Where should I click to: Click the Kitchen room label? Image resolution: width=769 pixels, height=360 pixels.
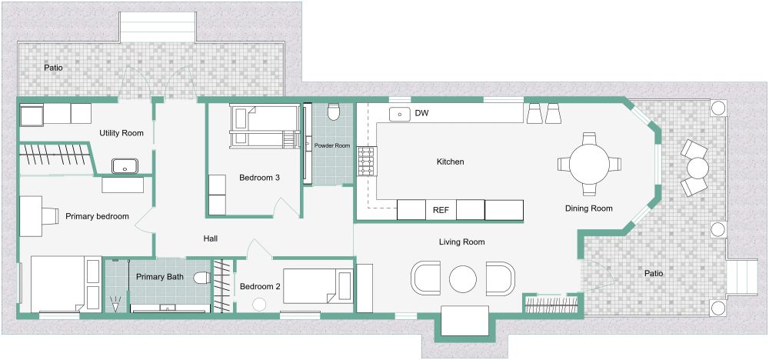pos(450,162)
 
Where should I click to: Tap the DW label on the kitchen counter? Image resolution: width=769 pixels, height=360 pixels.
pos(421,114)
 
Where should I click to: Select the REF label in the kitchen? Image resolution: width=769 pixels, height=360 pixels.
pos(441,209)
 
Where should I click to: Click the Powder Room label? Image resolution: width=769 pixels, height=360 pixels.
pos(331,145)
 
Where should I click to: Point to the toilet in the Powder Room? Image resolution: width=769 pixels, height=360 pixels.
pos(333,113)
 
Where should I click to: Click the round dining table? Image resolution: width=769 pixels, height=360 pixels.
pos(589,163)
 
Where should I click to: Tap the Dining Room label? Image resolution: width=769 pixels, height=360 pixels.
pos(588,208)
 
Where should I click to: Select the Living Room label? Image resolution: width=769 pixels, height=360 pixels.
pos(461,242)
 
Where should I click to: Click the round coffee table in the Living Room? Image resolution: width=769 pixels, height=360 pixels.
pos(464,278)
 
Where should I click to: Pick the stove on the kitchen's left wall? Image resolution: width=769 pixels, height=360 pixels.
pos(365,162)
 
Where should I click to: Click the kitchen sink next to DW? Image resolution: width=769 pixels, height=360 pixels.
pos(399,115)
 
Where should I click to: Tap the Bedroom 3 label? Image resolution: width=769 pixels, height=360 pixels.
pos(259,178)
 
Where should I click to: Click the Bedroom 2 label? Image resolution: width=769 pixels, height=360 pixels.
pos(260,286)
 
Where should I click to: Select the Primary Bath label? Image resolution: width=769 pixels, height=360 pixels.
pos(160,276)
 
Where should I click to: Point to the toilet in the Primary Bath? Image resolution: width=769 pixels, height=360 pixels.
pos(202,278)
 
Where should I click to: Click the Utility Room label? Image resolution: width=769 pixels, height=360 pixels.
pos(122,133)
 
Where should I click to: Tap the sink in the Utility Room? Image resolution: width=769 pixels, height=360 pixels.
pos(123,165)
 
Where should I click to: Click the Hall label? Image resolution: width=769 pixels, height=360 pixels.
pos(211,238)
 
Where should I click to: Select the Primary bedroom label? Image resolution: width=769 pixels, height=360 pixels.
pos(97,216)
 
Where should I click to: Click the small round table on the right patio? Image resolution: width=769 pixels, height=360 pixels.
pos(697,167)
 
